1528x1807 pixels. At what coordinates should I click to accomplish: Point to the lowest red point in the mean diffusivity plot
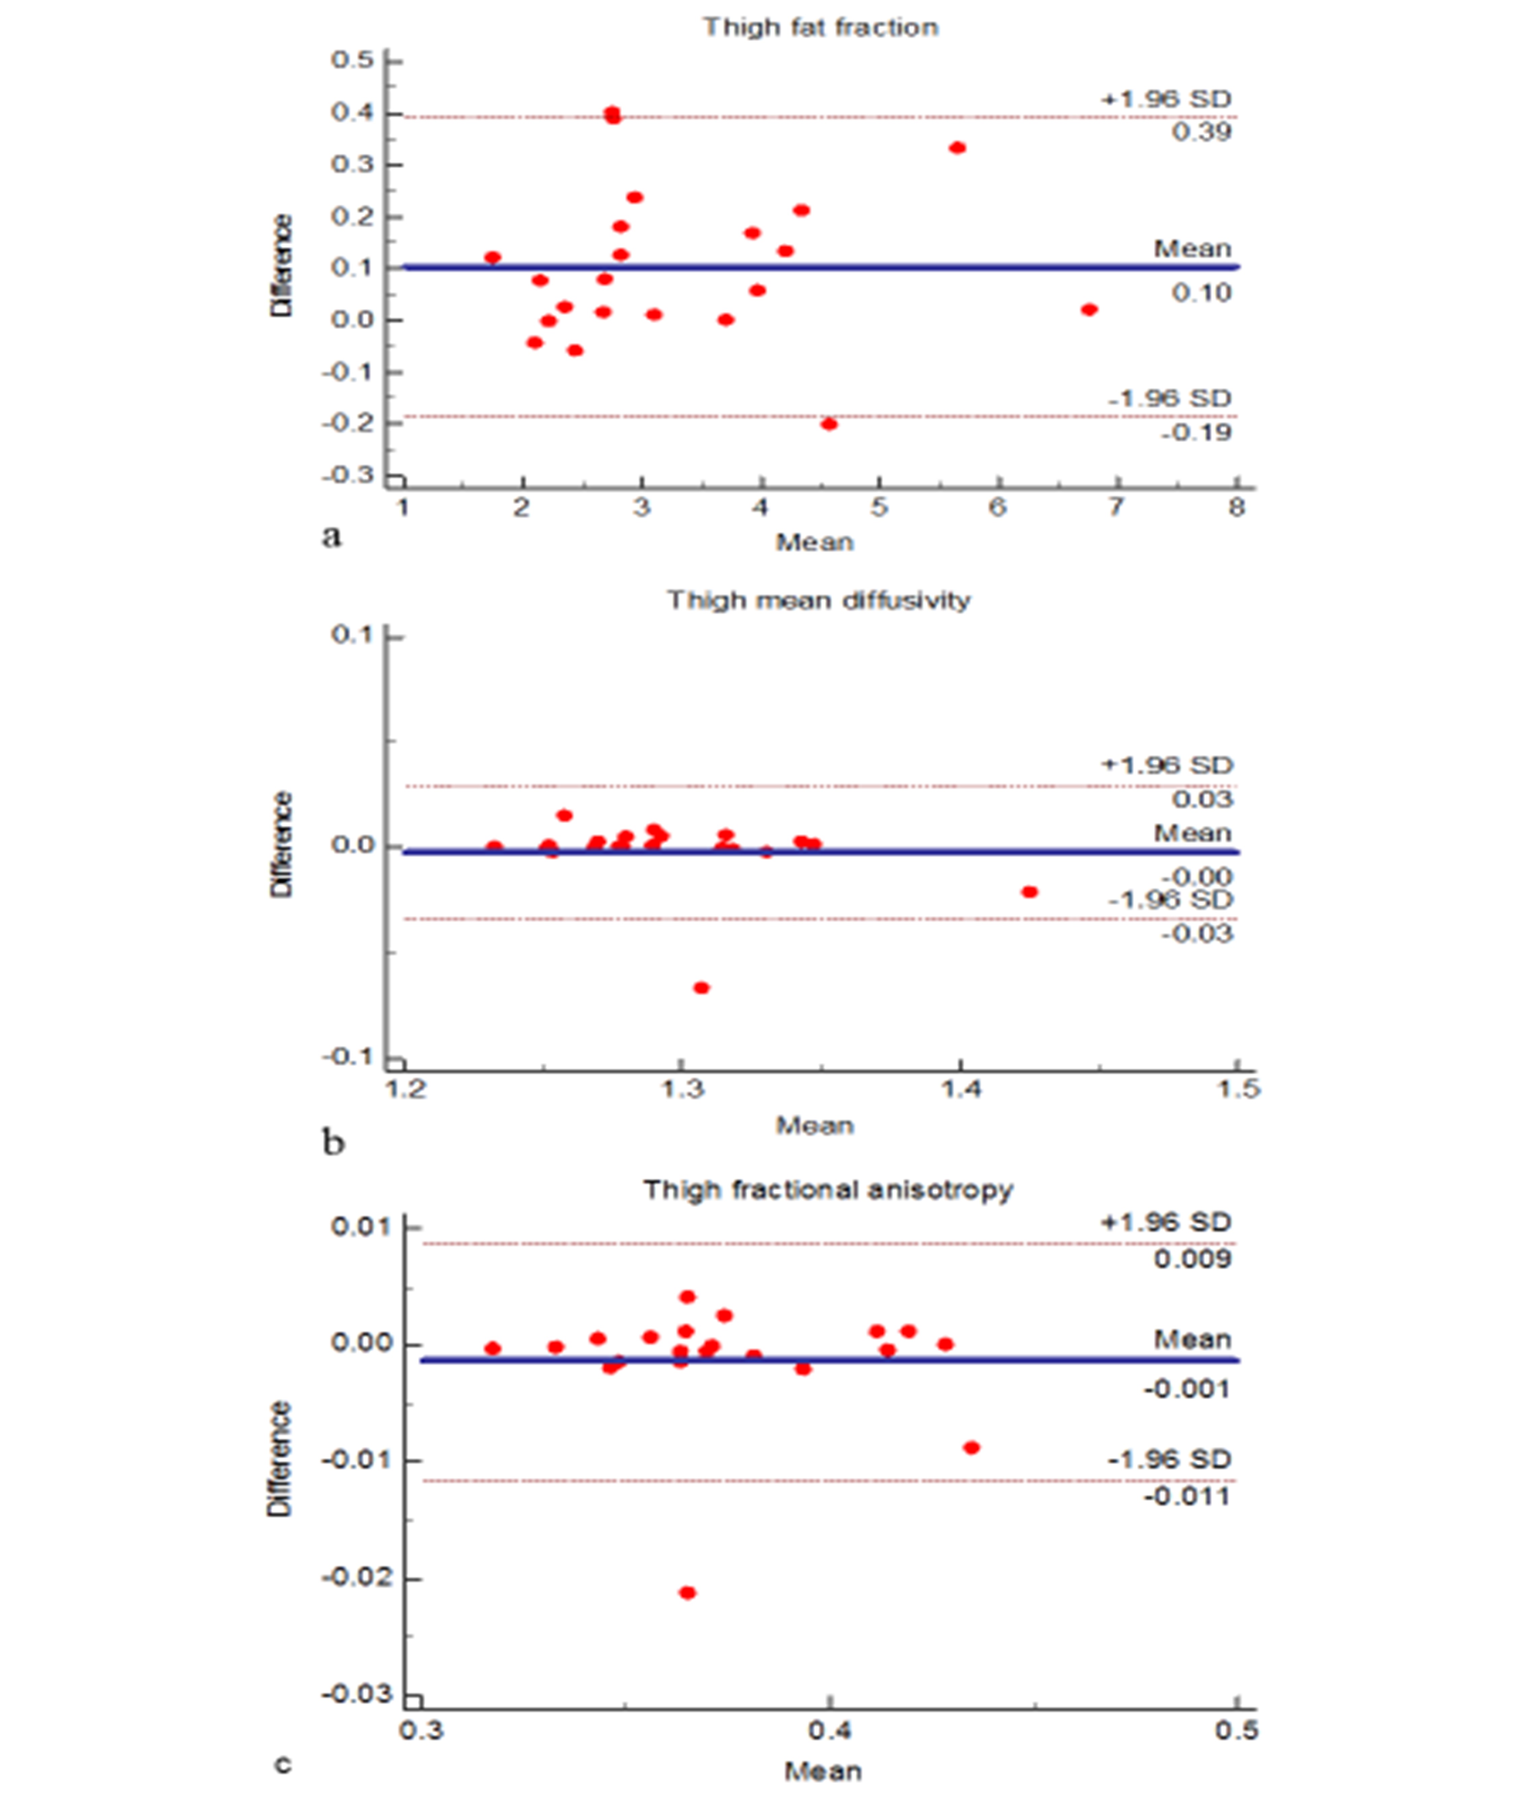(702, 988)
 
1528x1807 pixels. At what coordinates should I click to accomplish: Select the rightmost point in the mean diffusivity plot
(1029, 892)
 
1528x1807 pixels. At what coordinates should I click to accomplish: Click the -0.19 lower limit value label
(1196, 432)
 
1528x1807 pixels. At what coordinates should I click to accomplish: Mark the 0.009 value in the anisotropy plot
(1193, 1259)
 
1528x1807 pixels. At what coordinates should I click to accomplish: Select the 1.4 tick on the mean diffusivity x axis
(961, 1089)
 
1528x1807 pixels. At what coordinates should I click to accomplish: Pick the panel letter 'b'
(333, 1143)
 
